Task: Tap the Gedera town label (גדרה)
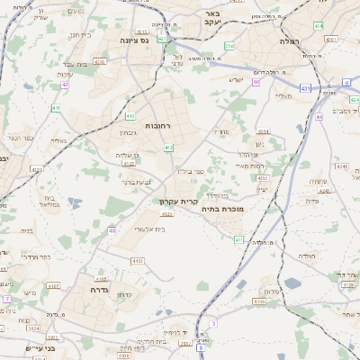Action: tap(99, 291)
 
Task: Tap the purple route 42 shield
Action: tap(66, 85)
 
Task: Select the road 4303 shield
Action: tap(262, 178)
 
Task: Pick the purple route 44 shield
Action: tap(319, 117)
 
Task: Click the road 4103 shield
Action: tap(138, 260)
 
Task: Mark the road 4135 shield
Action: tap(259, 302)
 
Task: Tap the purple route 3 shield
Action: tap(213, 322)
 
